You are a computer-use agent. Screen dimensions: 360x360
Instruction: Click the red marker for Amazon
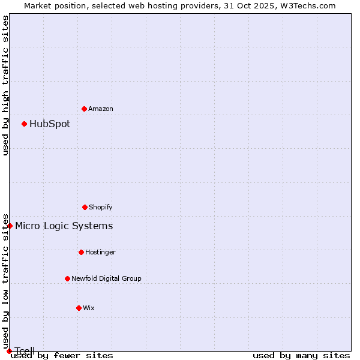click(85, 109)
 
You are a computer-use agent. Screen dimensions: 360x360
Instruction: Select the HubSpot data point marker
click(25, 124)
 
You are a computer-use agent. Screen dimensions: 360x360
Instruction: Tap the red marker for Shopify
click(85, 207)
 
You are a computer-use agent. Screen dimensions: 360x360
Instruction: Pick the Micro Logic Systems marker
click(10, 226)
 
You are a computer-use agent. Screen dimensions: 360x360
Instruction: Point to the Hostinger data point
click(81, 252)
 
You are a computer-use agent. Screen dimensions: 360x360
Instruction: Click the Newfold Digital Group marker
click(67, 278)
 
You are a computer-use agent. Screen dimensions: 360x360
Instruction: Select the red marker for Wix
click(79, 308)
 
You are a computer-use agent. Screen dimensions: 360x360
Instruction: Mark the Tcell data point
click(9, 351)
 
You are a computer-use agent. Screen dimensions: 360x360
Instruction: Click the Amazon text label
click(101, 109)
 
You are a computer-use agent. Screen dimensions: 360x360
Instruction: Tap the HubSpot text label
click(50, 124)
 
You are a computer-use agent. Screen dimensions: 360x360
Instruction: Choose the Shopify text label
click(101, 207)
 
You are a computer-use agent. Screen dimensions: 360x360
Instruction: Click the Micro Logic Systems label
click(64, 226)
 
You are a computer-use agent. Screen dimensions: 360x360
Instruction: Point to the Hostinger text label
click(100, 252)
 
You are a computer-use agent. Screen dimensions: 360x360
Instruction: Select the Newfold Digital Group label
click(106, 278)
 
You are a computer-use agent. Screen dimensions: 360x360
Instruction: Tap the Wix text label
click(89, 308)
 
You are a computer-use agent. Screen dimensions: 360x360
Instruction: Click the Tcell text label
click(25, 351)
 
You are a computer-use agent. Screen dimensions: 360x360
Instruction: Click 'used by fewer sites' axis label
click(62, 356)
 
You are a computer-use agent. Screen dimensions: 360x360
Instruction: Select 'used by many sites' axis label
click(301, 356)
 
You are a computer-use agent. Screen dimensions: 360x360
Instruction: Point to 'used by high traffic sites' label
click(6, 85)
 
